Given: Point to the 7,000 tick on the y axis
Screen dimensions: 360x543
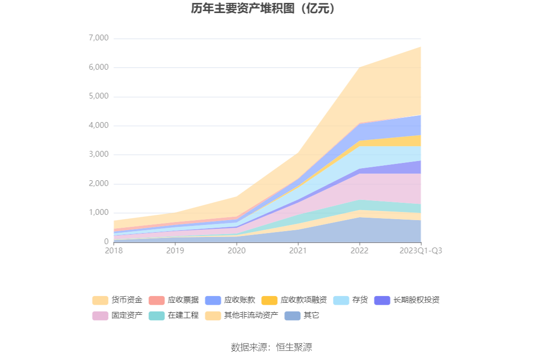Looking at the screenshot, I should (x=99, y=38).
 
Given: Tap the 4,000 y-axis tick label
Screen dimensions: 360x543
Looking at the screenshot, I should (x=99, y=125).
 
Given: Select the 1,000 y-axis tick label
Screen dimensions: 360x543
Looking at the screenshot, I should (x=99, y=212).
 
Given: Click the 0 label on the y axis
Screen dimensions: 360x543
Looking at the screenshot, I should (x=106, y=242).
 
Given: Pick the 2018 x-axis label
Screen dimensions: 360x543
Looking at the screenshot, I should (x=114, y=250).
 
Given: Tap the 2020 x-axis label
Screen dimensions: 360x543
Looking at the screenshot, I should (x=236, y=250).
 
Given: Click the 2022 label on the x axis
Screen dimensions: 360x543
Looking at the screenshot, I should (x=359, y=250).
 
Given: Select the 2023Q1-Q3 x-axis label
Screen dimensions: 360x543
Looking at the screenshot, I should (x=420, y=250).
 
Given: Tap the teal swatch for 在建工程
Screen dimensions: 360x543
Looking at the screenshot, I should (x=157, y=316).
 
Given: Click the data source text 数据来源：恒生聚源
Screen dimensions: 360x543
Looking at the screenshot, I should (x=271, y=347).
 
